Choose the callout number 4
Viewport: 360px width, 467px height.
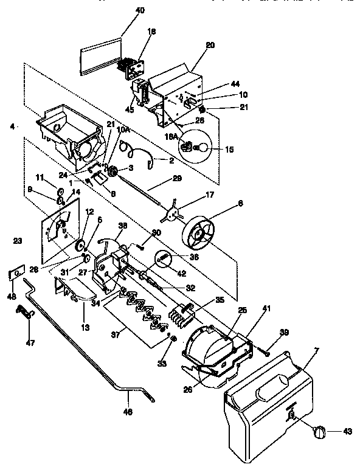tap(12, 126)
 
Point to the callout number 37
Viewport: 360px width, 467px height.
tap(114, 333)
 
